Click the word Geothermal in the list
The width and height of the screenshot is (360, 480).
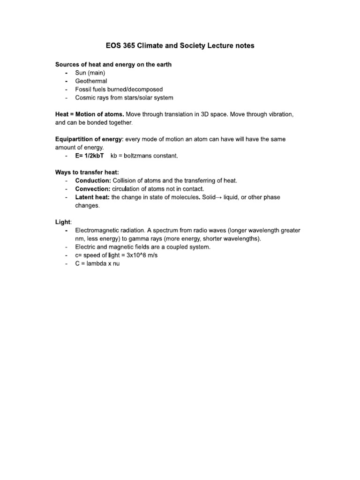91,81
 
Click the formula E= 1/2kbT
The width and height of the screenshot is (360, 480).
90,156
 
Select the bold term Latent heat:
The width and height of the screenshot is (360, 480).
92,197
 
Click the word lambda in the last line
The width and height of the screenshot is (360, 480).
97,263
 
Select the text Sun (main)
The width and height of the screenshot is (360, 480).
90,73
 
